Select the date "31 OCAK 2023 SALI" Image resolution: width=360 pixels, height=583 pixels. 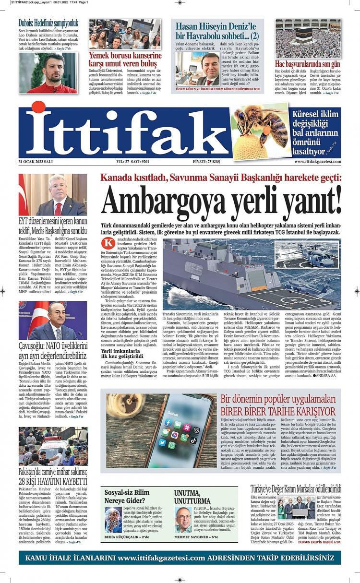[36, 162]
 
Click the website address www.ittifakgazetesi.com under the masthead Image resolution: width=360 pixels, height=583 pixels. [317, 162]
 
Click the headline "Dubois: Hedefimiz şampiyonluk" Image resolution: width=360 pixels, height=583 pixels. [48, 23]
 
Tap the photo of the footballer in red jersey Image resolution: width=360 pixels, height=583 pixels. [48, 72]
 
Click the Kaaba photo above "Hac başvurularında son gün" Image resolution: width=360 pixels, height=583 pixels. [308, 39]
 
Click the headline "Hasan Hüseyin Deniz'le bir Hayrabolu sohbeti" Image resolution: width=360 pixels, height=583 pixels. [217, 31]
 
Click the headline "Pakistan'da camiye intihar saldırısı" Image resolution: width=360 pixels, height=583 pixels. [53, 476]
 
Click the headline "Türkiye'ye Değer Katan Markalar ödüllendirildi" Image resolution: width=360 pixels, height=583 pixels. [296, 489]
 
